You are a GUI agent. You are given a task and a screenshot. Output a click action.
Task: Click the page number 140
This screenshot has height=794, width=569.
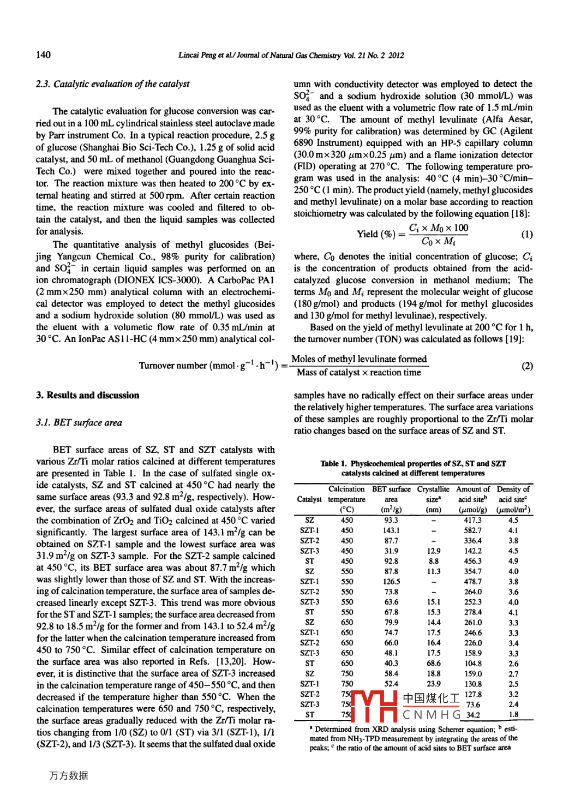click(x=43, y=55)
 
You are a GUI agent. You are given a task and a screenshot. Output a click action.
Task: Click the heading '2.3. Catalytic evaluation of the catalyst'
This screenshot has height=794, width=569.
click(x=112, y=84)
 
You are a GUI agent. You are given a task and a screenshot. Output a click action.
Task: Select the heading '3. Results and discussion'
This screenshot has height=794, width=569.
click(x=87, y=395)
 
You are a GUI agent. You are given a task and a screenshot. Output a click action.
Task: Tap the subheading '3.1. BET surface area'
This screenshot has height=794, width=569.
click(x=79, y=422)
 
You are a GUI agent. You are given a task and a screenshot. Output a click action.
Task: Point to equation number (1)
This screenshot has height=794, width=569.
click(x=526, y=234)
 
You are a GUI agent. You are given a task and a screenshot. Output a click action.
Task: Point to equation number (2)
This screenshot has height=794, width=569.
click(x=527, y=366)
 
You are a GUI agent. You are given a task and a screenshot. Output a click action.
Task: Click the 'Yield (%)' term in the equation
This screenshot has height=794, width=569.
click(x=376, y=234)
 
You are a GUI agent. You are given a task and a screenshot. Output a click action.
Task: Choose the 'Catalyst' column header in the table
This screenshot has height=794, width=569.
click(x=309, y=499)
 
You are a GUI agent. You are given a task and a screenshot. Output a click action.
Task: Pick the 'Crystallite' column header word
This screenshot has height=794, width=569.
click(x=433, y=489)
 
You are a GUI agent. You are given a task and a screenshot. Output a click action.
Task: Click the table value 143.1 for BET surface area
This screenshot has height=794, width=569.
click(x=391, y=530)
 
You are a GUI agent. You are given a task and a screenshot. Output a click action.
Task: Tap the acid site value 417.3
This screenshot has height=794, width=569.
click(x=473, y=520)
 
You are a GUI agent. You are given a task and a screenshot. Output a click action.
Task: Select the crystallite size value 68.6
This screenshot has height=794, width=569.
click(x=434, y=664)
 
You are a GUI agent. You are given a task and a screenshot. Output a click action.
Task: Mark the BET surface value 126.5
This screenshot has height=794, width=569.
click(x=391, y=582)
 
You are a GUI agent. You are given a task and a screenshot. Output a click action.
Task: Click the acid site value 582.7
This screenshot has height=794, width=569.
click(x=473, y=530)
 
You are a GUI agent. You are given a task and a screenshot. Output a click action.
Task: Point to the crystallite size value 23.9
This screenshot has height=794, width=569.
click(x=434, y=684)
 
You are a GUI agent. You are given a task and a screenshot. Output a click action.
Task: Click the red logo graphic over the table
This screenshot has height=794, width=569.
click(x=374, y=706)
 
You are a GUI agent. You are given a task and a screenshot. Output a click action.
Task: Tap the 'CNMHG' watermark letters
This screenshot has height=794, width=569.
click(x=432, y=714)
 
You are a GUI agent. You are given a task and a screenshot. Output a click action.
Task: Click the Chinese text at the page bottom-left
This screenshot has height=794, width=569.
click(x=69, y=775)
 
